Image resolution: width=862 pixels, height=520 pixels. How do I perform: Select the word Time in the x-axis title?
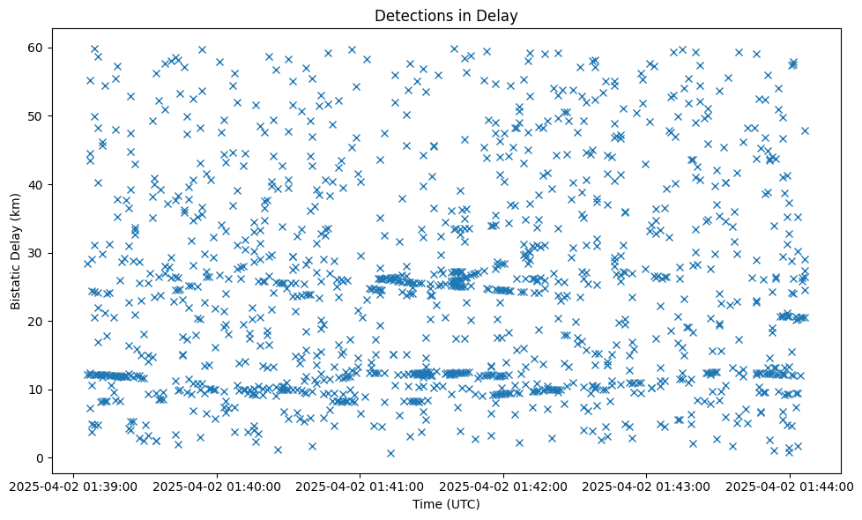click(427, 504)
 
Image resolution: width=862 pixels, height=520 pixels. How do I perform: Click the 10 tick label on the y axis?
click(37, 390)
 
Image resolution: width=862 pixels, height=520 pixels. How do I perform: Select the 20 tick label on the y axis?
click(37, 321)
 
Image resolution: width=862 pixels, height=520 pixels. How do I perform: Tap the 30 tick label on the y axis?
click(37, 253)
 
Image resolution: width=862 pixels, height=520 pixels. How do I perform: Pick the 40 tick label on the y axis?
click(37, 184)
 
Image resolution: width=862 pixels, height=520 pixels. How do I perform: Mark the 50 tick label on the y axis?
click(37, 116)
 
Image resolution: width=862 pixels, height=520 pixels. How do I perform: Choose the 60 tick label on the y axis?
click(37, 48)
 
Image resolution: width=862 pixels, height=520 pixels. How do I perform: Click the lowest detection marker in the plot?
click(390, 453)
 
